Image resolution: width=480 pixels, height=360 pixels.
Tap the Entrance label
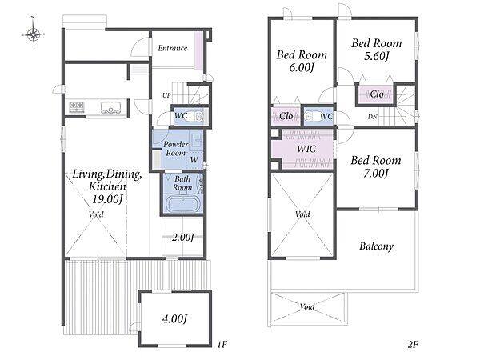click(173, 48)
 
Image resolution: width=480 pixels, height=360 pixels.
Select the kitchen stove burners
click(77, 107)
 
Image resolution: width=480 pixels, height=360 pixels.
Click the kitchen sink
click(111, 107)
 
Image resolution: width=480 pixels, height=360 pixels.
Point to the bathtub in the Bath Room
click(183, 205)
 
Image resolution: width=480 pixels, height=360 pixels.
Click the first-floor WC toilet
click(198, 117)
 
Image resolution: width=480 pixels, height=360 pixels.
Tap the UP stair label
click(166, 95)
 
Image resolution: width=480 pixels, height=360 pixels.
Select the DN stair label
click(372, 117)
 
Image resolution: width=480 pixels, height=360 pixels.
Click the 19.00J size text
click(107, 199)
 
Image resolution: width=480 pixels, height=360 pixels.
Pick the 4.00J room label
click(174, 318)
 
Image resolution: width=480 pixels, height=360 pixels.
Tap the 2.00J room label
click(183, 238)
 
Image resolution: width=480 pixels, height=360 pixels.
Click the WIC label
click(306, 149)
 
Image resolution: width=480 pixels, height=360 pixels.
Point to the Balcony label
click(376, 246)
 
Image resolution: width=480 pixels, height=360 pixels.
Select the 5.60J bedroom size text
click(376, 56)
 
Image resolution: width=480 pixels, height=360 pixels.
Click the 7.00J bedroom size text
click(376, 174)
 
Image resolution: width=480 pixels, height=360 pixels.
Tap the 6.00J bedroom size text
click(302, 68)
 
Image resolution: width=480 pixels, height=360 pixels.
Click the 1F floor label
click(222, 344)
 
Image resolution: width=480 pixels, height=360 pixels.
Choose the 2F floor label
click(413, 344)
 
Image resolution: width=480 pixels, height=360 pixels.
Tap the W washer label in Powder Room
click(194, 159)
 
